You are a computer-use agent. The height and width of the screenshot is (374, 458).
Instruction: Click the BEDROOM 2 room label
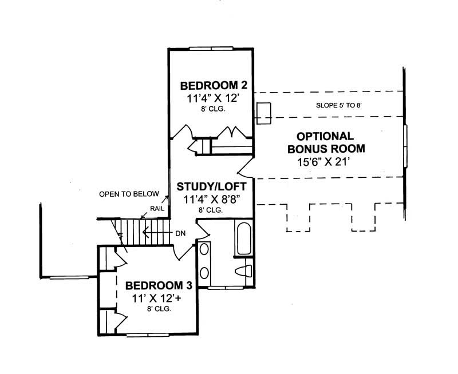[x=214, y=86]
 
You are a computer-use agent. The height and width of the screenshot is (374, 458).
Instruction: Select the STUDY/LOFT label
[x=211, y=187]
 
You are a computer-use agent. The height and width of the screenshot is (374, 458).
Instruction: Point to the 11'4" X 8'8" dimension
[x=211, y=200]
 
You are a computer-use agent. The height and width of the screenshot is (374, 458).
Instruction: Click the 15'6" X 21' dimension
[x=324, y=162]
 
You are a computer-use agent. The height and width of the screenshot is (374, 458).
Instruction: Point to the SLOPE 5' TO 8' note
[x=339, y=106]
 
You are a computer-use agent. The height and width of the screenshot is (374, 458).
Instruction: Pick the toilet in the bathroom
[x=244, y=269]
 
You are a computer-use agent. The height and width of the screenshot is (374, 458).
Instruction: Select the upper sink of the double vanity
[x=204, y=249]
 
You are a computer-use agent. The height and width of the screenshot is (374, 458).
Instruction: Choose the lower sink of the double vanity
[x=204, y=272]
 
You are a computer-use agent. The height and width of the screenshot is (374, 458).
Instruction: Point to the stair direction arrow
[x=149, y=233]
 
